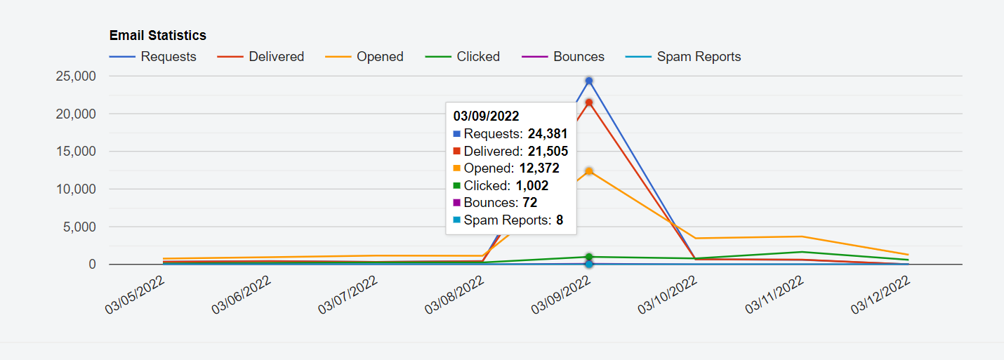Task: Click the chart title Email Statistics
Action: coord(157,35)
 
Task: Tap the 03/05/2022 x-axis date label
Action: coord(136,295)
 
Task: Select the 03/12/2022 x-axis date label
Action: coord(881,295)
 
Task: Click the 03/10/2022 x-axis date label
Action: coord(668,295)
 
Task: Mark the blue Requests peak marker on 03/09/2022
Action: coord(589,81)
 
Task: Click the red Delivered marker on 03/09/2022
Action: coord(589,102)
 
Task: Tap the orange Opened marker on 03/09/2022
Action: coord(589,171)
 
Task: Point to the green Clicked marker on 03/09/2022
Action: coord(589,257)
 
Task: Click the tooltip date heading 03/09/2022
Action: coord(486,116)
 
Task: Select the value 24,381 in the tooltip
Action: coord(548,133)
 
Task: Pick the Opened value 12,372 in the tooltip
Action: coord(540,168)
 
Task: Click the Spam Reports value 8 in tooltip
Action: coord(560,220)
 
